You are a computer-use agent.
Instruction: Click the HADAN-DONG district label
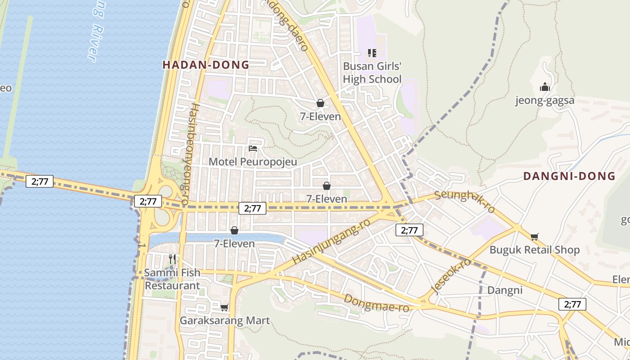(206, 65)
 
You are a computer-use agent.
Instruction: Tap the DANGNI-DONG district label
(569, 176)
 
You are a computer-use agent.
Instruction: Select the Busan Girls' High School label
(372, 73)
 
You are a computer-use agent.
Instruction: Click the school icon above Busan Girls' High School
(372, 53)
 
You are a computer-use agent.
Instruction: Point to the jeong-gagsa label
(545, 100)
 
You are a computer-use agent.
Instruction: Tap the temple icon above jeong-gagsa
(545, 87)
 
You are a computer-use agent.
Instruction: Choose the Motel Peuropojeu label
(253, 162)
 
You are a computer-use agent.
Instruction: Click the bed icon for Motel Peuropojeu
(253, 148)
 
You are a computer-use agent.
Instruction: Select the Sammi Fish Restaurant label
(172, 279)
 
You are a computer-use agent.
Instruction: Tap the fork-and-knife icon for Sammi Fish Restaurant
(172, 259)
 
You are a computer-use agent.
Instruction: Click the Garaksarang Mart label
(225, 321)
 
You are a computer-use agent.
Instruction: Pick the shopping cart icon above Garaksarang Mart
(224, 307)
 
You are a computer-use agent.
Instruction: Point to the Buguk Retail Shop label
(535, 250)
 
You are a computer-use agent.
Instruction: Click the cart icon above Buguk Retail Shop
(535, 237)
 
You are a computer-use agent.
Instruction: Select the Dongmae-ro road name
(376, 303)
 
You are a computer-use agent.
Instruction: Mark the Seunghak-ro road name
(465, 201)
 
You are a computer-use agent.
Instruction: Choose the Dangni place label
(505, 290)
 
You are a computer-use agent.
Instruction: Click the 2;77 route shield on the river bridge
(40, 182)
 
